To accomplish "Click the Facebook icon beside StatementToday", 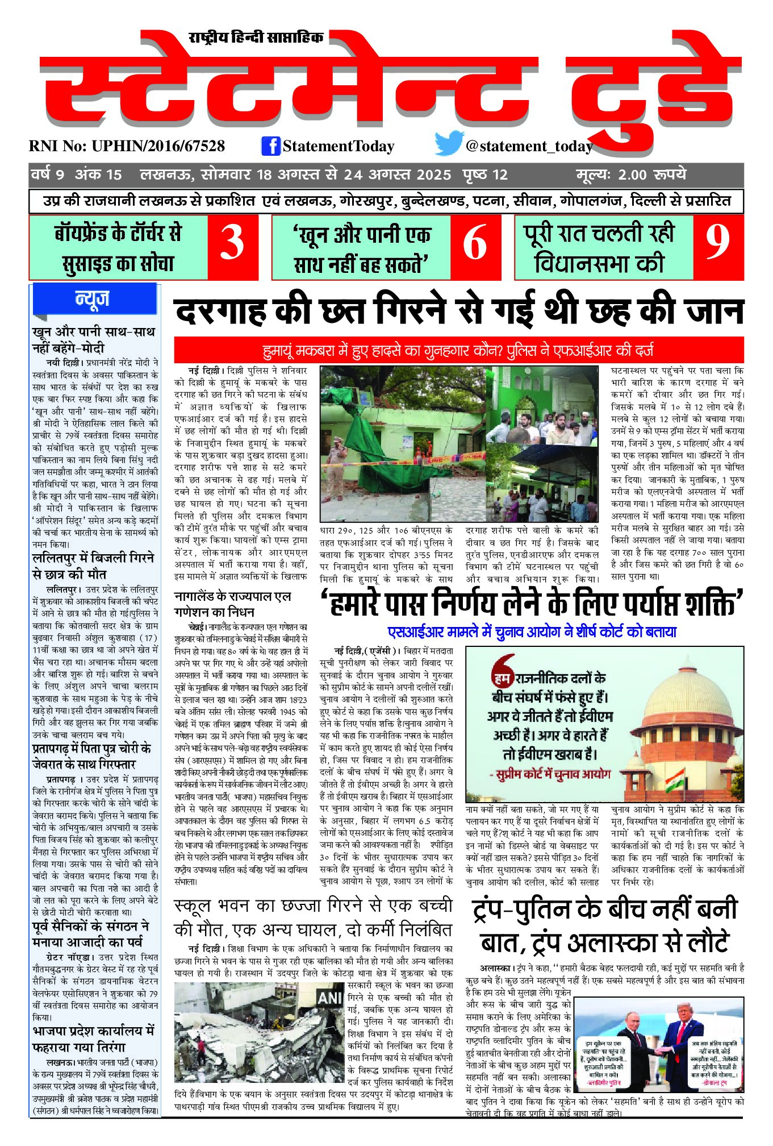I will point(271,146).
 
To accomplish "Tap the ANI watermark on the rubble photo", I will point(330,998).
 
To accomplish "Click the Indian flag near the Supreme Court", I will point(675,776).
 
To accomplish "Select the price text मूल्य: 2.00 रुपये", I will point(630,175).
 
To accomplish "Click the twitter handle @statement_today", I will point(529,147).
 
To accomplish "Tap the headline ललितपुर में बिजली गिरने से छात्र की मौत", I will point(93,566).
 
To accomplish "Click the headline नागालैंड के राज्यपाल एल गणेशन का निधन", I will point(233,604).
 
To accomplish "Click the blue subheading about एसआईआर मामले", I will point(532,632).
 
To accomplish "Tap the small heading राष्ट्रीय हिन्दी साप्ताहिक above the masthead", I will point(256,38).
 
